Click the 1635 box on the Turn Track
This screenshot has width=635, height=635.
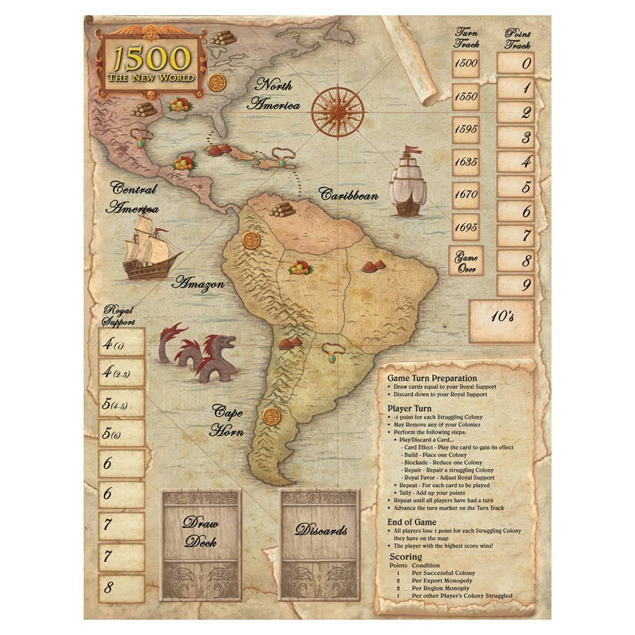[x=465, y=162]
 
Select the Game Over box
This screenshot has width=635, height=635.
[x=465, y=260]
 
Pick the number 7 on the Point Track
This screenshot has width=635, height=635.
[x=516, y=236]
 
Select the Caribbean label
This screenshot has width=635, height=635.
[x=349, y=194]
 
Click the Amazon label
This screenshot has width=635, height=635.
[x=198, y=283]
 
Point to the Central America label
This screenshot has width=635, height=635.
[x=133, y=197]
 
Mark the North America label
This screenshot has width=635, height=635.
[x=278, y=95]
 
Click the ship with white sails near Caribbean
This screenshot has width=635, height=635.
[x=408, y=181]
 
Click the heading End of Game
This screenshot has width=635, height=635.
[x=412, y=522]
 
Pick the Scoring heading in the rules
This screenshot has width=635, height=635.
[x=405, y=557]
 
